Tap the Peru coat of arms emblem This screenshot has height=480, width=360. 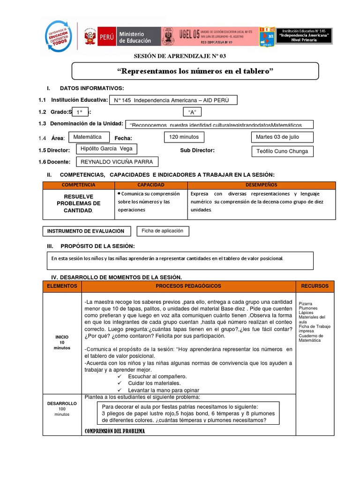[x=90, y=37]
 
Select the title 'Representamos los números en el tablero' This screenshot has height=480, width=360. [x=195, y=71]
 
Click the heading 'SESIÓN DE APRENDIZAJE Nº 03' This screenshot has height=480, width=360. [x=180, y=56]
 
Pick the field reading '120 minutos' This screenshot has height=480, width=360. [x=184, y=137]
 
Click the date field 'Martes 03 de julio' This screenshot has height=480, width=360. [x=282, y=137]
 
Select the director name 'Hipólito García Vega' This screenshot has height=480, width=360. [x=107, y=149]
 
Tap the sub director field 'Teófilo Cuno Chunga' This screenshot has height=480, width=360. [x=282, y=151]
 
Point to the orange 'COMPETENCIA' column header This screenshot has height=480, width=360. [x=78, y=185]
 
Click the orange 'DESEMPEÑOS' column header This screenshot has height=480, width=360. [x=261, y=185]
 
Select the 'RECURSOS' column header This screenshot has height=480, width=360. [x=315, y=286]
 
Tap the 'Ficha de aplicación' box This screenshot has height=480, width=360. [x=163, y=231]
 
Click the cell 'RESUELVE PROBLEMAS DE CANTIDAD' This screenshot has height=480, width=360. [x=78, y=203]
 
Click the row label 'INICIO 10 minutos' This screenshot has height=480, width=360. [x=62, y=342]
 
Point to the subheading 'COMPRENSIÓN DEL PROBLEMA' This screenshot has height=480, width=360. [x=114, y=431]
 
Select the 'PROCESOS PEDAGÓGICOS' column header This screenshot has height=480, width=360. [x=188, y=286]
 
